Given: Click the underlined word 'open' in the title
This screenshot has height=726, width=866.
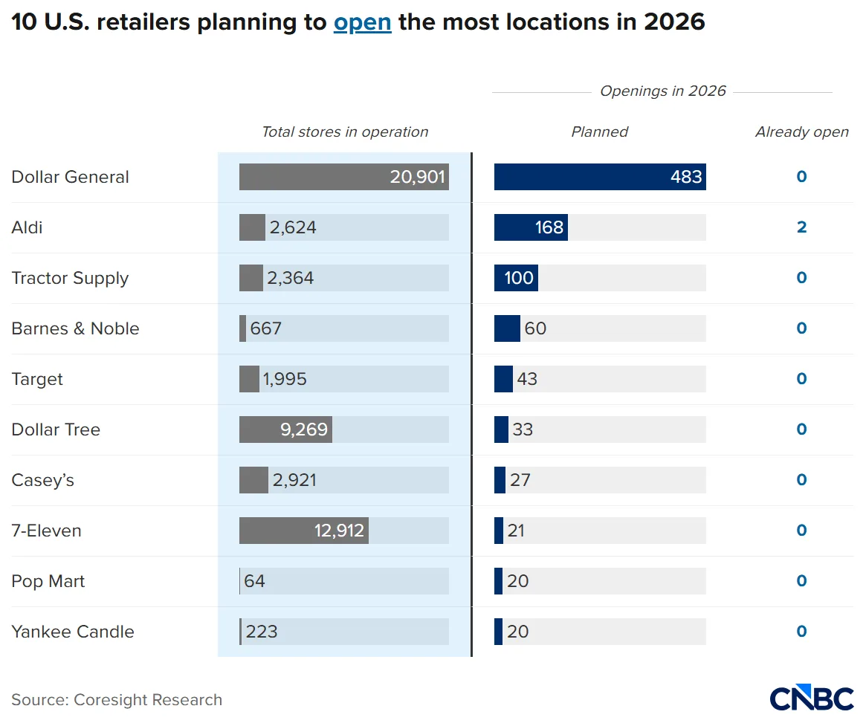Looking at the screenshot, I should [362, 22].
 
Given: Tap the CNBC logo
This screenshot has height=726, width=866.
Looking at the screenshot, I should [811, 699].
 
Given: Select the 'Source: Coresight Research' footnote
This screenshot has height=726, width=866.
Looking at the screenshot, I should [117, 700].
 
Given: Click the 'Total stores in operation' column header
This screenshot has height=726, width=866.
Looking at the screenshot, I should [345, 132].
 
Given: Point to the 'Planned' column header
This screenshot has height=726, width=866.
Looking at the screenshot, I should [599, 132].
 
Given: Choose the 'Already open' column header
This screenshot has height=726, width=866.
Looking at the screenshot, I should [801, 132].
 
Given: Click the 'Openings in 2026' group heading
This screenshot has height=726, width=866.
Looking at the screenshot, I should [662, 91].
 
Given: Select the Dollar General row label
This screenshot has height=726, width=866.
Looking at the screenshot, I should [71, 177].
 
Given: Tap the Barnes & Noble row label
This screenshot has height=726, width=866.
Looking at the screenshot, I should [75, 328].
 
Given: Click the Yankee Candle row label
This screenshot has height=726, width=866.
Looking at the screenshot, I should [73, 632].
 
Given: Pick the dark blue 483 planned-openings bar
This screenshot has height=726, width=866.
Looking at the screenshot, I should [599, 177].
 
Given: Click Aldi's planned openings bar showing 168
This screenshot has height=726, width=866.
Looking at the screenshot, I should [531, 227].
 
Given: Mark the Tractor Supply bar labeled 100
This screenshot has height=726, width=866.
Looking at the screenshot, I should [516, 278].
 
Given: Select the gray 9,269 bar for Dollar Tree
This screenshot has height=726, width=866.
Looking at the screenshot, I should [285, 430].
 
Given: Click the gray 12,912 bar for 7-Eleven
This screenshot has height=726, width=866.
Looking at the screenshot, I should [303, 531].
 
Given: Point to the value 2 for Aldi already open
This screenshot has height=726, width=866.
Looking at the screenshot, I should [801, 227].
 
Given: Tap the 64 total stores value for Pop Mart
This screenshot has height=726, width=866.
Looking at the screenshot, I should [254, 581].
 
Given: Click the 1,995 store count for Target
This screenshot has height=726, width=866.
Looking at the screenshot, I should [285, 379].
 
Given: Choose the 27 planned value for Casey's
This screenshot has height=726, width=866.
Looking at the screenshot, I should [520, 480].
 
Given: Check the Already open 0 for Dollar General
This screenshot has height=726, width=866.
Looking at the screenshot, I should [801, 177].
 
